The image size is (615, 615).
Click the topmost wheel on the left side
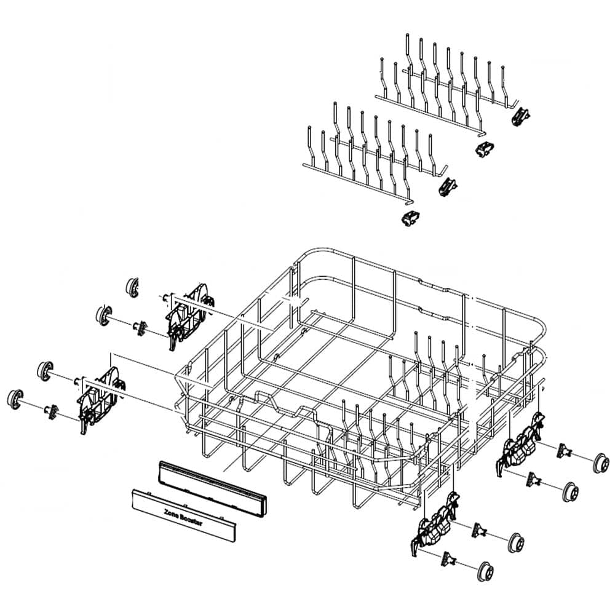132,286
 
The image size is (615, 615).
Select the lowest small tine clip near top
409,216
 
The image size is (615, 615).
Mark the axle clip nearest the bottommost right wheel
450,557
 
